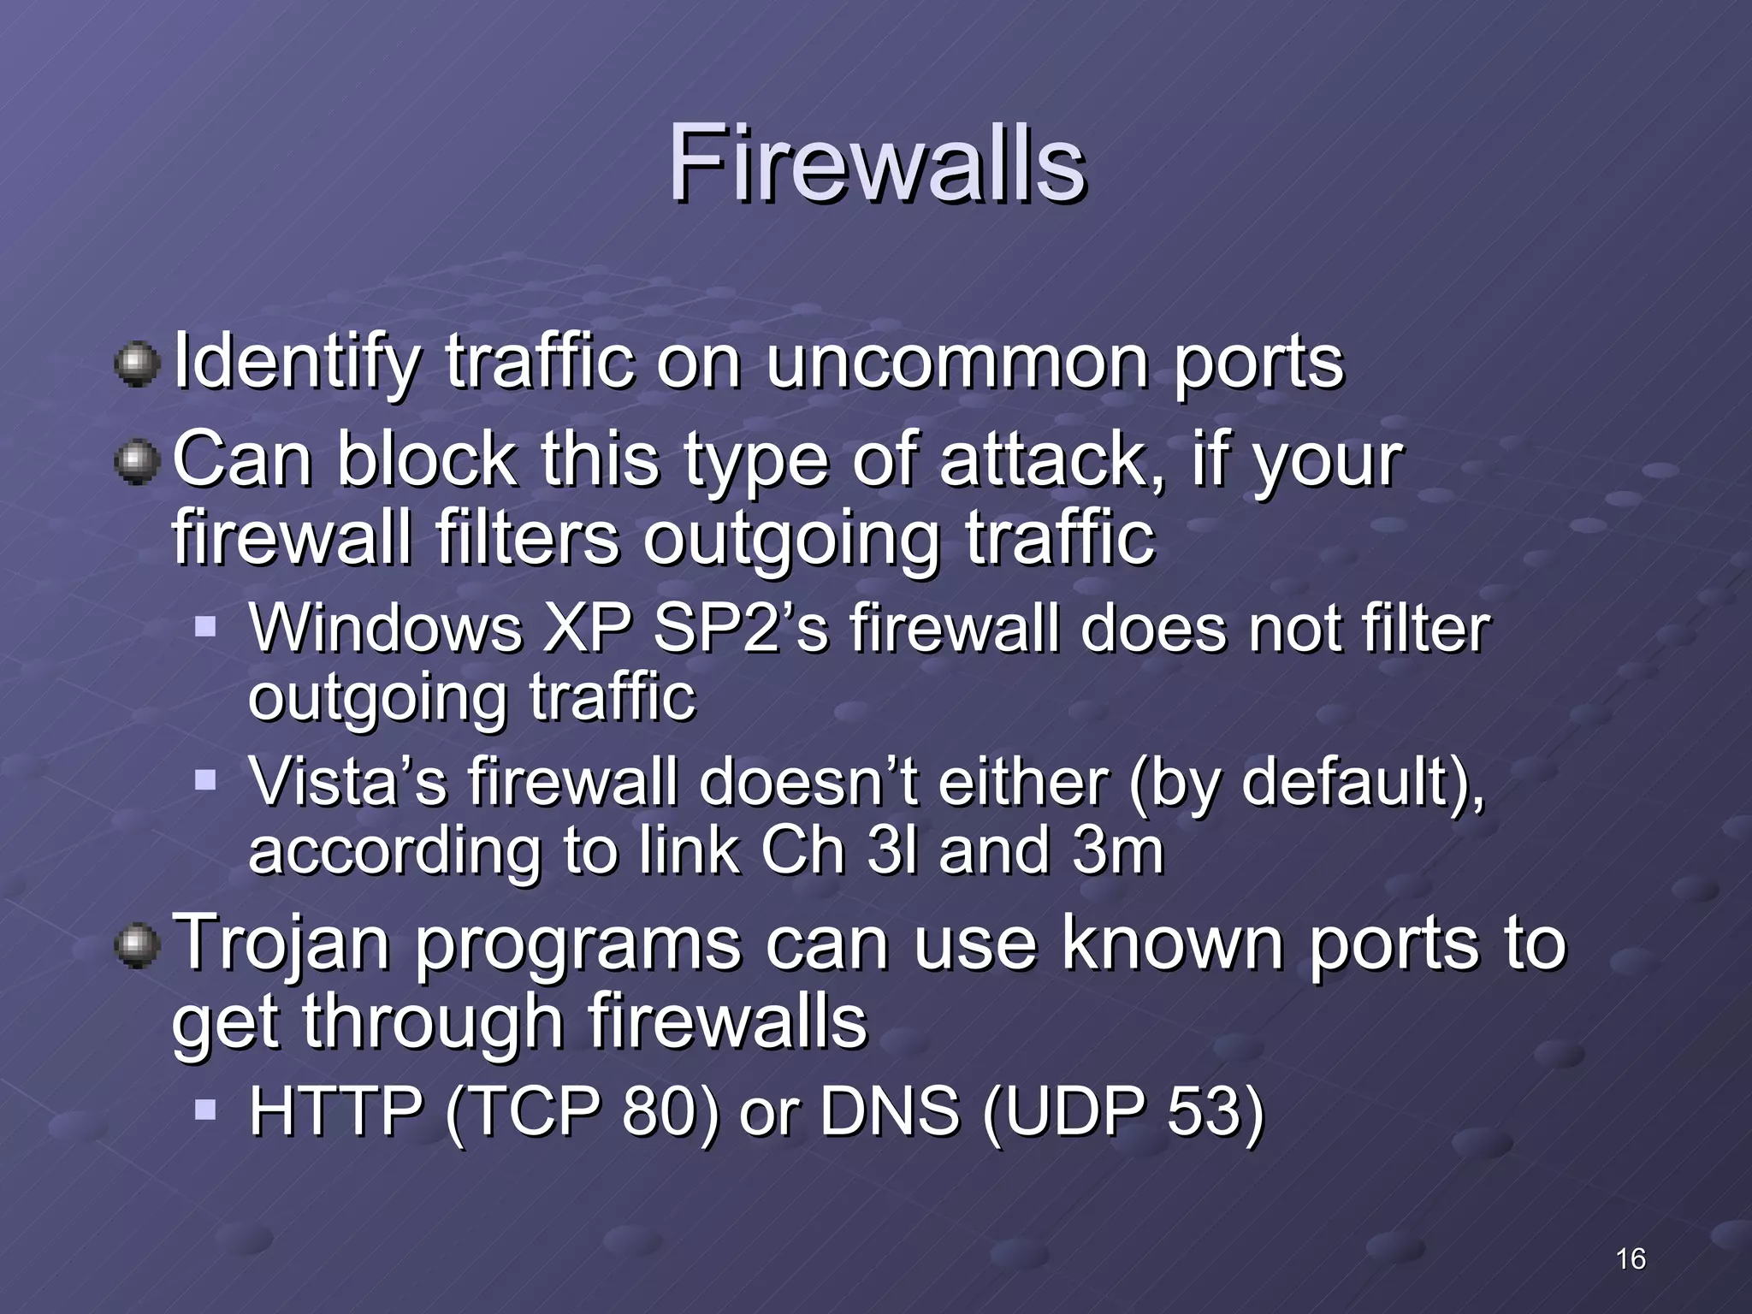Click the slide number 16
1631,1258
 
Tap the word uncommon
957,363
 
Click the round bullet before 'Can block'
137,462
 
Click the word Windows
385,629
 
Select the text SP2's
741,629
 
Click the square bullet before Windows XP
205,627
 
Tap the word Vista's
347,782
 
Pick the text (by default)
1305,784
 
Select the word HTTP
335,1111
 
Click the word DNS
890,1111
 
